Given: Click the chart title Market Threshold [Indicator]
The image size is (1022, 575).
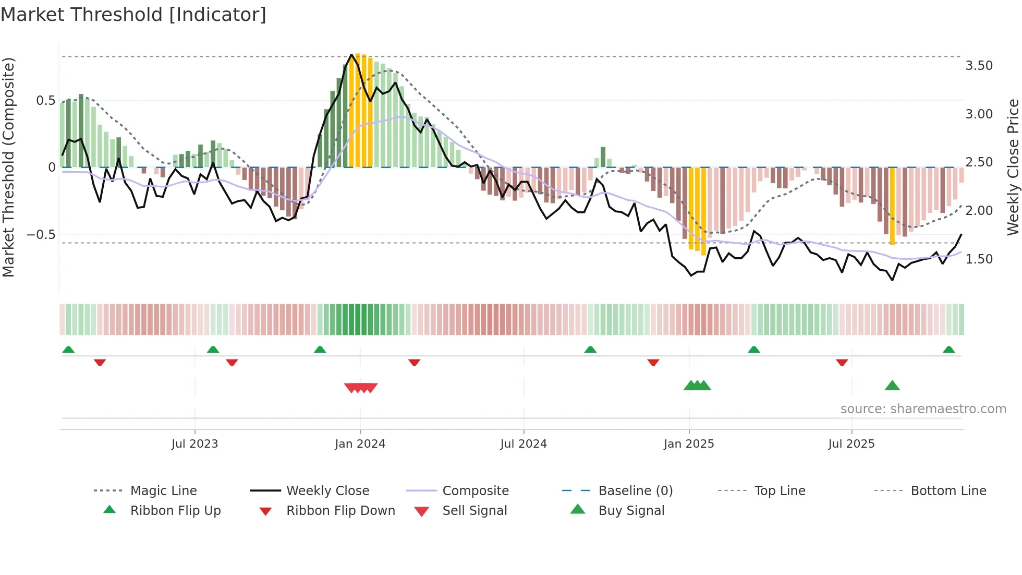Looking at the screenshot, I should coord(133,15).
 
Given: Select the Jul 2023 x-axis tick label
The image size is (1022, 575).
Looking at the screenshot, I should coord(194,444).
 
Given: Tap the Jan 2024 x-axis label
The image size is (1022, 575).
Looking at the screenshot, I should coord(360,444).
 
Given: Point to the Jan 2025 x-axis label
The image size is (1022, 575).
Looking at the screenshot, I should coord(688,444).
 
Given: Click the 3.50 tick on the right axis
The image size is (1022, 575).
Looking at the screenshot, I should coord(979,66).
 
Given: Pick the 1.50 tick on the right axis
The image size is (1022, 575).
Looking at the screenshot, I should coord(979,259).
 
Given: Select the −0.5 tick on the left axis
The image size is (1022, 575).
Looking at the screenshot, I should coord(41,235).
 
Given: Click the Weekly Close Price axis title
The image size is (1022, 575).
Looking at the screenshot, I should coord(1013,167).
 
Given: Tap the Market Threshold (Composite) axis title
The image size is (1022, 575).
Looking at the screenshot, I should coord(8,167).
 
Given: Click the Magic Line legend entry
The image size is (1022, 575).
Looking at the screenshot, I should coord(163,491).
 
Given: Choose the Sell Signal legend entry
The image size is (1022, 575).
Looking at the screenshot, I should coord(474,511).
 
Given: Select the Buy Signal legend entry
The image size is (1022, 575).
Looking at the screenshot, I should coord(631,511).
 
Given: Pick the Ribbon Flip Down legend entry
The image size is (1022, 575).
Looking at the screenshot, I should coord(340,511).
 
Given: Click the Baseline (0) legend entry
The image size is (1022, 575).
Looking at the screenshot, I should coord(635,491).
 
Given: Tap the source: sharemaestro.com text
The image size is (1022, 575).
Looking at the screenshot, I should coord(923,409).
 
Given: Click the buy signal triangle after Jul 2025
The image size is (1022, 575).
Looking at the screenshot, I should coord(892,386).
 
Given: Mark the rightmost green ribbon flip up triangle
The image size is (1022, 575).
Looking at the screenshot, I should coord(948,350).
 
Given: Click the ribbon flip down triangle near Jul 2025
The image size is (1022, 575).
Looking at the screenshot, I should coord(842,362).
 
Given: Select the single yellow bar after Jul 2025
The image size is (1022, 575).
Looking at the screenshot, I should coord(892,206).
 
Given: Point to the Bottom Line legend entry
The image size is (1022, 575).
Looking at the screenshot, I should coord(948,491).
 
